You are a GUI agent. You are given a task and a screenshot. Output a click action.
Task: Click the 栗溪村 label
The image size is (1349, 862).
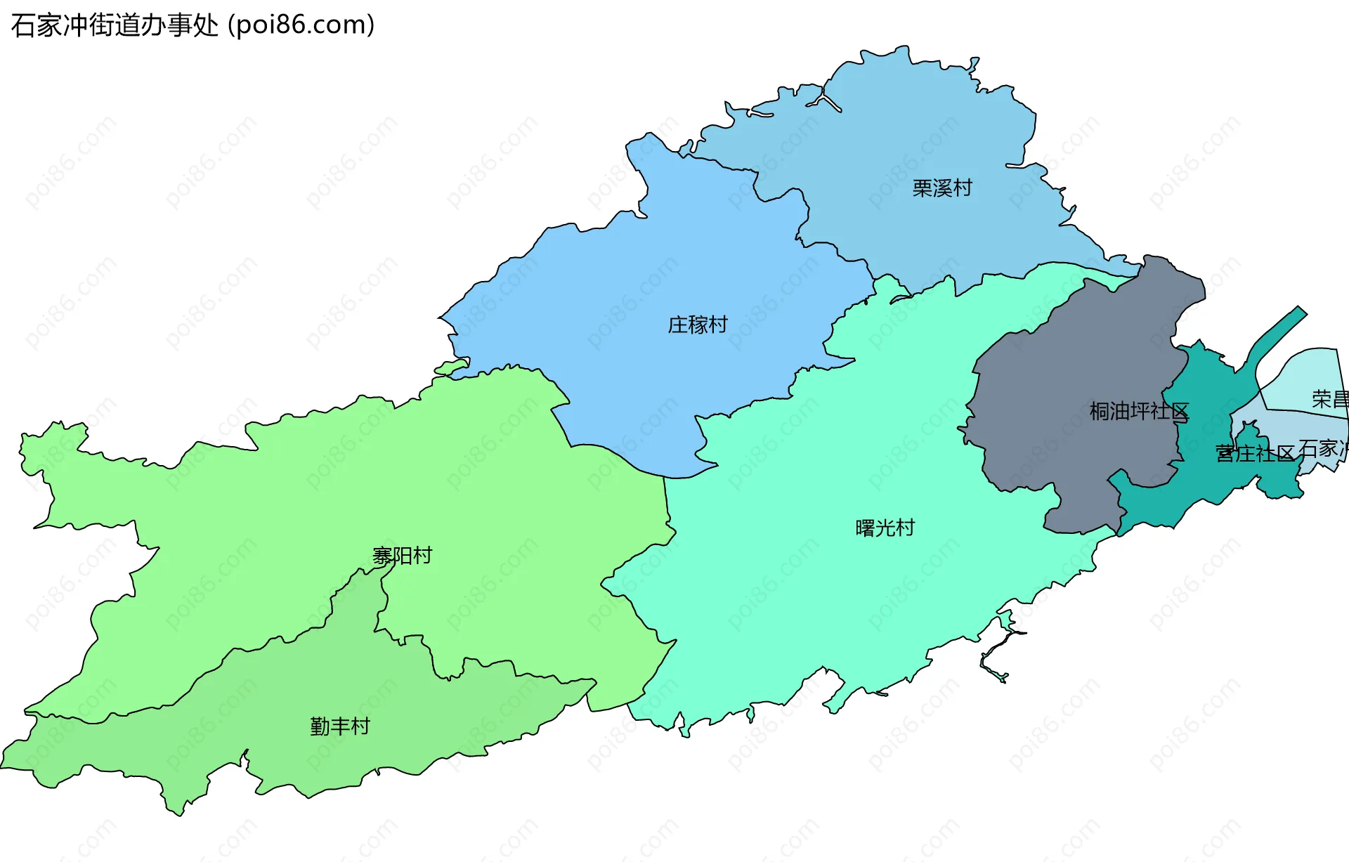[x=941, y=188]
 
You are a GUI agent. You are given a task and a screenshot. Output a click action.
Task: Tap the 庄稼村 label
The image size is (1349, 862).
[x=697, y=325]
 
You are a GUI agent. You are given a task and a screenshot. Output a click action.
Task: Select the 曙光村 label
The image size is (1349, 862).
[x=885, y=528]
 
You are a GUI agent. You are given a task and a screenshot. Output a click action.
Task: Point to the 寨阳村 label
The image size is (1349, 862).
[x=402, y=556]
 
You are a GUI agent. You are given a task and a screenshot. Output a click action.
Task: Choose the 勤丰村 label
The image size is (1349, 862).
[x=339, y=726]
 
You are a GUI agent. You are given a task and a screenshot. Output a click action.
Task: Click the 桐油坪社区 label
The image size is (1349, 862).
[x=1138, y=411]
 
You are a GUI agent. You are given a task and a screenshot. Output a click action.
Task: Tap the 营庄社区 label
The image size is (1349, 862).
[x=1255, y=453]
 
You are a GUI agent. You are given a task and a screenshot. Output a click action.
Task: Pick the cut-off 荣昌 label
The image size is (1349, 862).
[x=1329, y=399]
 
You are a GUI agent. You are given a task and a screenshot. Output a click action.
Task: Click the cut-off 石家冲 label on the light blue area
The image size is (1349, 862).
[x=1322, y=448]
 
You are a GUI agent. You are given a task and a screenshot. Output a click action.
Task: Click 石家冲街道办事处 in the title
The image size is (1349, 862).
[x=115, y=25]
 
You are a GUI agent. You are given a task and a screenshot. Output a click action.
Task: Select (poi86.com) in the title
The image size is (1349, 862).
[x=301, y=25]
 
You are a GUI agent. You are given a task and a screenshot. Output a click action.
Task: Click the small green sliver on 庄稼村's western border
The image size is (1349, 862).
[x=450, y=367]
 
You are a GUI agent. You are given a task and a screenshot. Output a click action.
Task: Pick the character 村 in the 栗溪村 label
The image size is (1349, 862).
[x=962, y=188]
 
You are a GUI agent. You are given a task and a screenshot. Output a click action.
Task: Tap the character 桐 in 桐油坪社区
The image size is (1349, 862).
[x=1099, y=411]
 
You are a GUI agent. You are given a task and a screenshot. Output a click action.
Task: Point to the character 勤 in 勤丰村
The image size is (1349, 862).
[x=320, y=726]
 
